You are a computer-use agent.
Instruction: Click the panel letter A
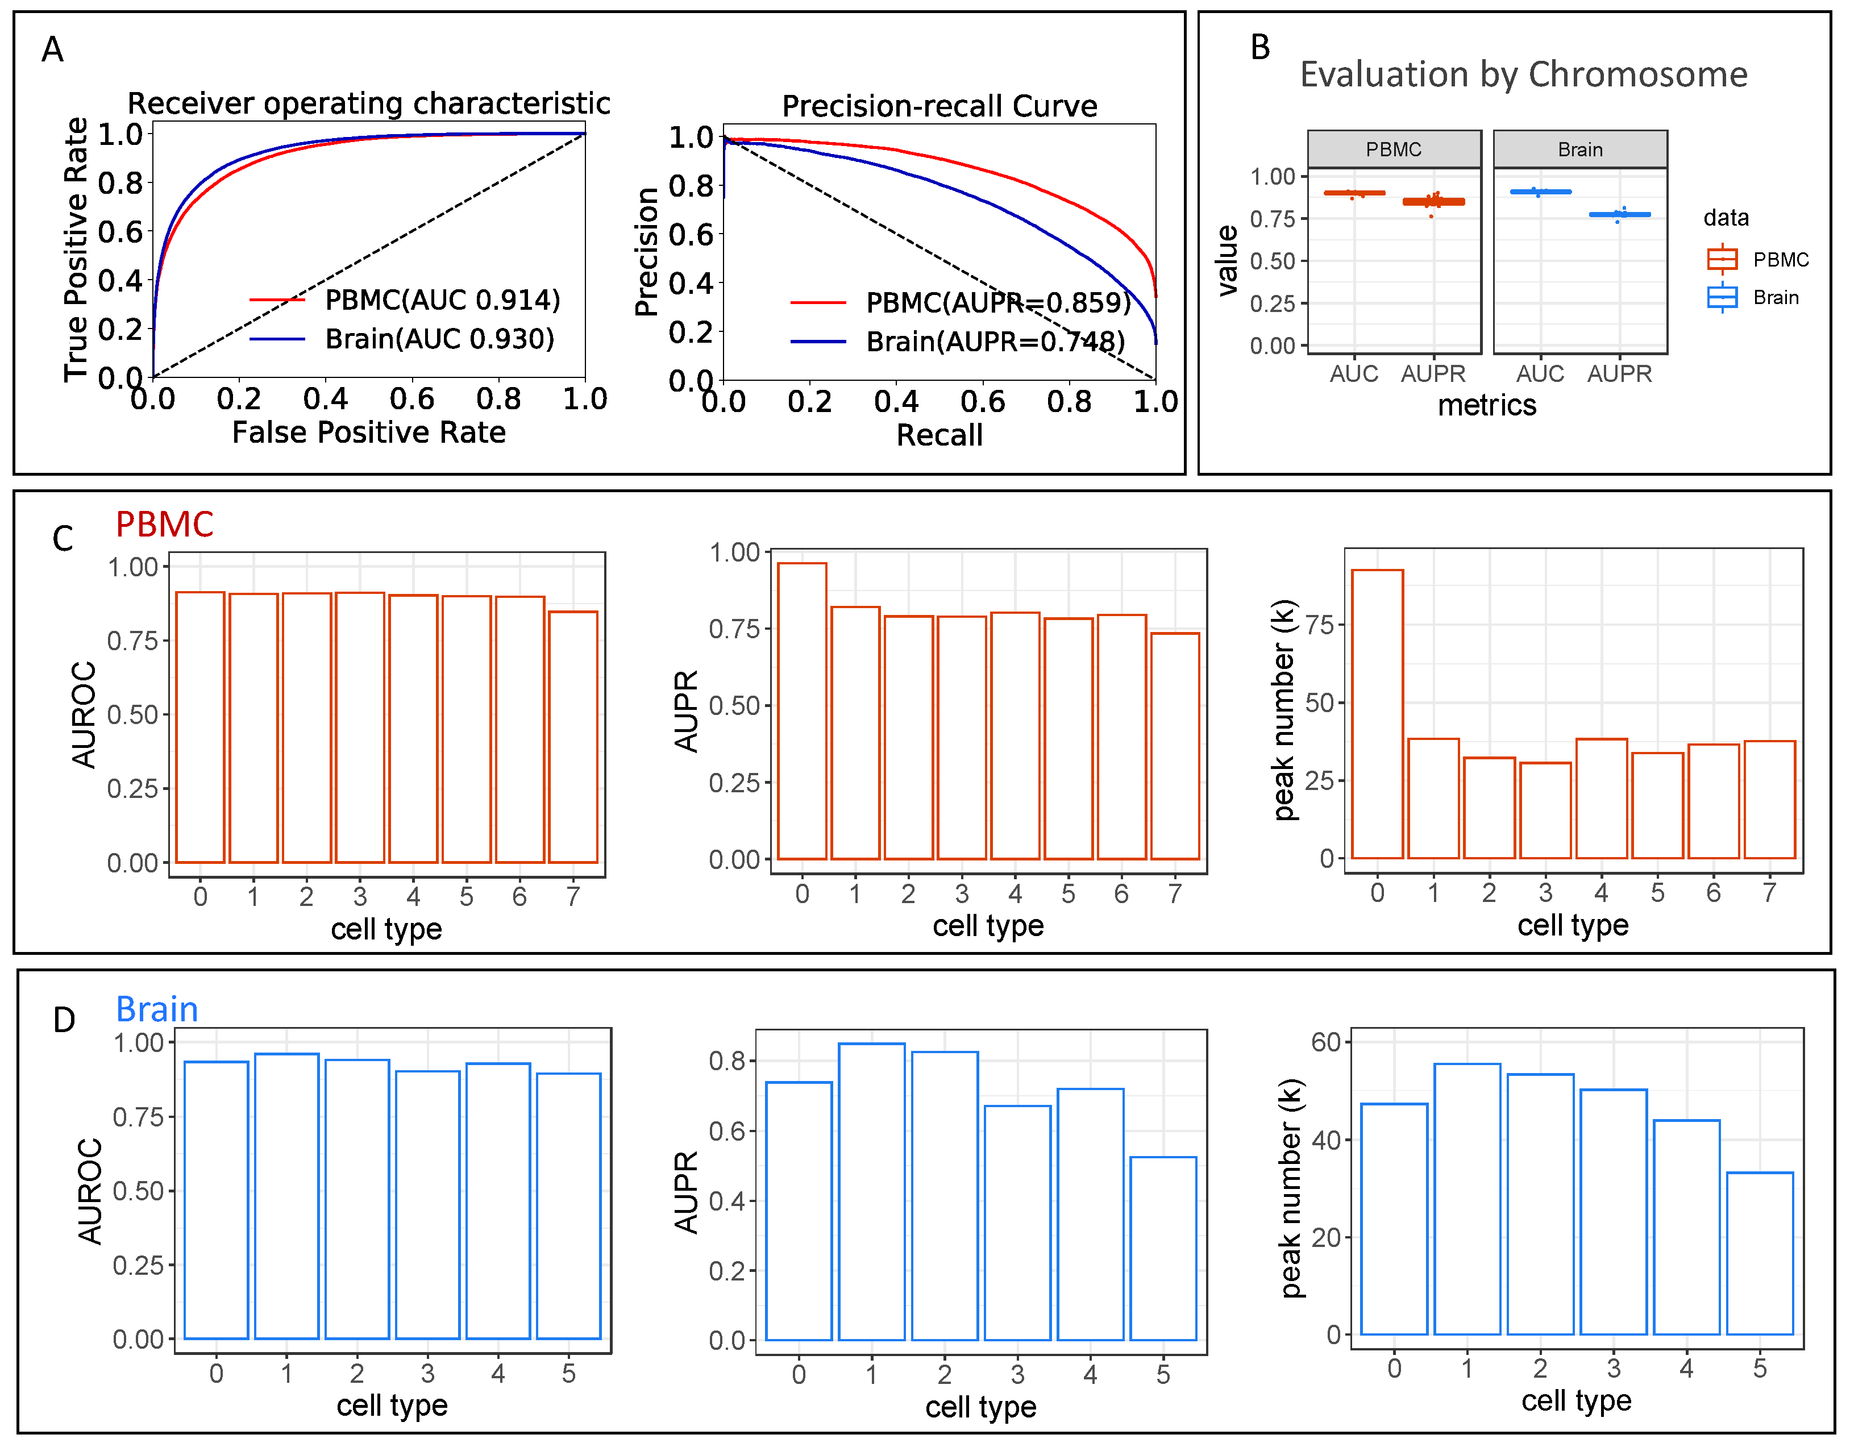tap(53, 50)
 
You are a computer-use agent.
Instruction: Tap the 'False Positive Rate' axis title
tap(369, 433)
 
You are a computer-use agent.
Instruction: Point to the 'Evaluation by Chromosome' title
tap(1523, 75)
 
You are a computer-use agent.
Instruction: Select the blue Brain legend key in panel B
tap(1721, 297)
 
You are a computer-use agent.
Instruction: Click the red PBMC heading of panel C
tap(164, 524)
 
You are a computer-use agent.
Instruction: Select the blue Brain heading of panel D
tap(156, 1009)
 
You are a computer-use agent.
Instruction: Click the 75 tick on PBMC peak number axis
tap(1319, 625)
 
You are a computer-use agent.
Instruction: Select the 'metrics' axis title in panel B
tap(1486, 405)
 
